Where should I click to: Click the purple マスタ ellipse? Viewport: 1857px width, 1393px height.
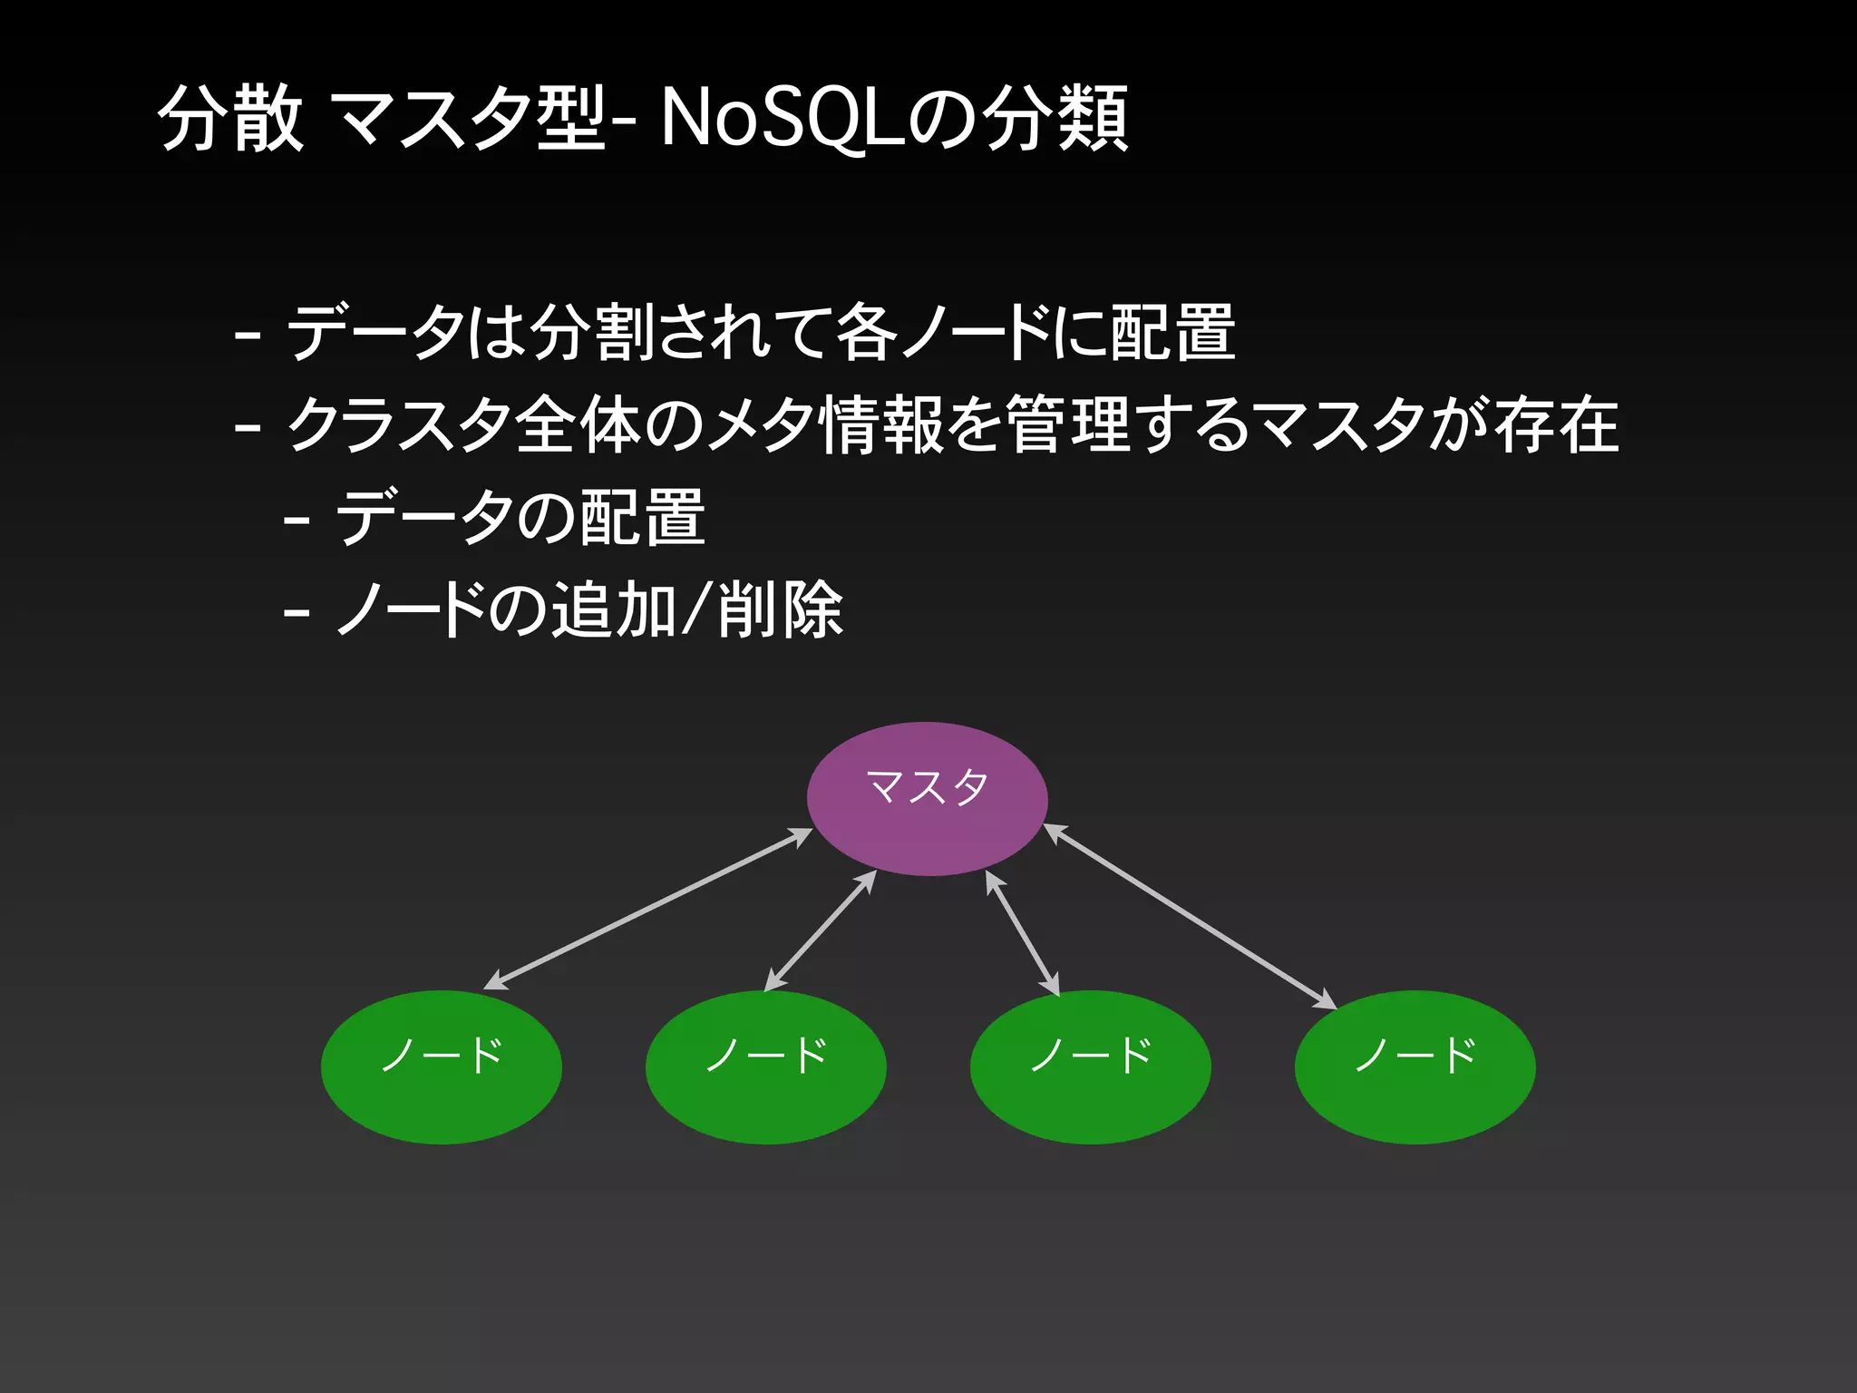click(927, 798)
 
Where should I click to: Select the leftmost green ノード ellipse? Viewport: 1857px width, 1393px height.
click(442, 1067)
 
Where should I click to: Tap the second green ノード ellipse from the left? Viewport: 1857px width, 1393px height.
click(765, 1067)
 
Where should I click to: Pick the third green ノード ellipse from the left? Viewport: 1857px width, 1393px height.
click(1090, 1067)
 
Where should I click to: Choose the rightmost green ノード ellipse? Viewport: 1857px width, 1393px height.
click(1415, 1067)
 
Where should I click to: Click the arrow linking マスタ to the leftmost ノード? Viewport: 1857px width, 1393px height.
click(648, 909)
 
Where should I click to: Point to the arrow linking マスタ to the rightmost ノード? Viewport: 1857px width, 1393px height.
click(1191, 916)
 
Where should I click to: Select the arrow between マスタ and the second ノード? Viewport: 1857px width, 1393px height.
click(821, 930)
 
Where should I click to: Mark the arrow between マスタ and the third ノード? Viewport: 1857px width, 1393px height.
click(1023, 933)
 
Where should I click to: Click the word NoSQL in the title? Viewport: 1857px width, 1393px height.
click(783, 118)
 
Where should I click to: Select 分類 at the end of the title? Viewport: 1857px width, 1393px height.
click(1056, 118)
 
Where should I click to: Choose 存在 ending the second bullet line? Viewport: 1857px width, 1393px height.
click(1556, 424)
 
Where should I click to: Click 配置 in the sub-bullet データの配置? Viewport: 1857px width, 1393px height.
click(643, 517)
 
